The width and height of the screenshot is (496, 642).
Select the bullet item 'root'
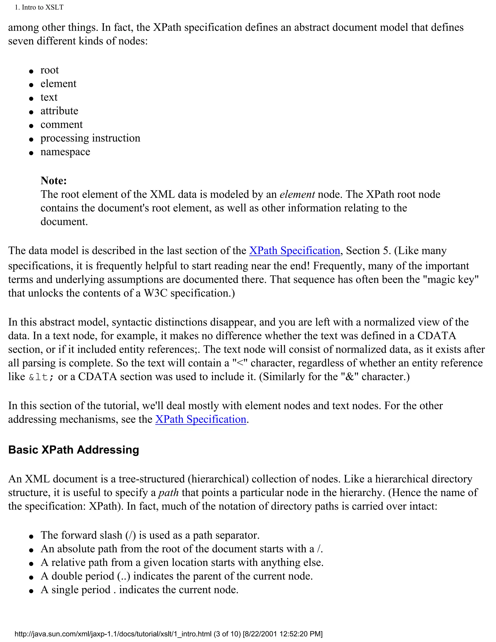[x=49, y=70]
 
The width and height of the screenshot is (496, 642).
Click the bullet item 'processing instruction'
[x=90, y=138]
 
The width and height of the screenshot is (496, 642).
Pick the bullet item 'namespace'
[x=65, y=152]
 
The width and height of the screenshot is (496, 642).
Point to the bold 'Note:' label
[x=54, y=180]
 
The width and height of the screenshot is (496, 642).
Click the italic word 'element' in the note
[x=297, y=194]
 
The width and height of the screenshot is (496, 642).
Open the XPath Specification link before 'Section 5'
[x=294, y=251]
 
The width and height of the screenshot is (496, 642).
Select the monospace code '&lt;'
[x=41, y=377]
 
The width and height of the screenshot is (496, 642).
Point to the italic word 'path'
[x=168, y=492]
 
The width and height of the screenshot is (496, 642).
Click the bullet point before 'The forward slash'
[x=31, y=536]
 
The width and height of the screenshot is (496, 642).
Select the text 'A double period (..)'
[x=85, y=576]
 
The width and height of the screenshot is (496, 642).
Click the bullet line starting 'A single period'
[x=139, y=590]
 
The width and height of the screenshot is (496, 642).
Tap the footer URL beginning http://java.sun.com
[x=113, y=634]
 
